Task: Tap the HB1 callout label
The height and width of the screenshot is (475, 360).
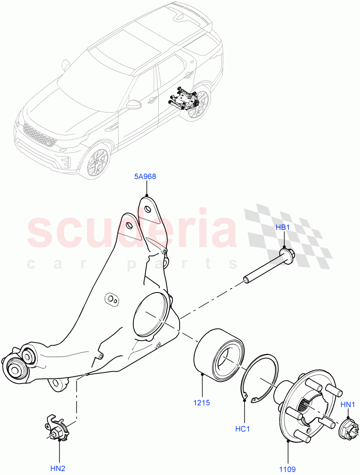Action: pos(283,228)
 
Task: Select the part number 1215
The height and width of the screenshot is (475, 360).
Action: pos(202,403)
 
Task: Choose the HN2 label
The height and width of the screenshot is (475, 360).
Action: pos(58,469)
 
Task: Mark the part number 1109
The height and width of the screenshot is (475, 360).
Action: pos(288,469)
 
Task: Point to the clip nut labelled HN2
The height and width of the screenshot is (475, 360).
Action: pos(56,427)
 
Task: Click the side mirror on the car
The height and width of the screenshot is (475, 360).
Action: pos(135,105)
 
